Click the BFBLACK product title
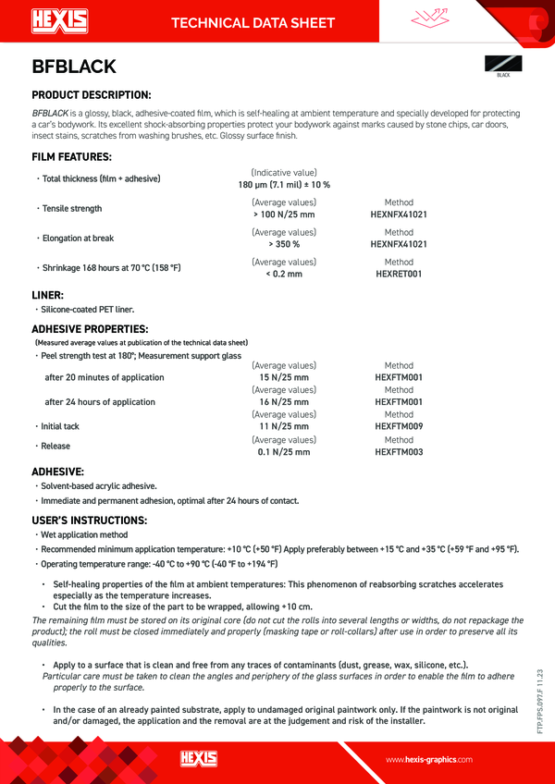coord(73,67)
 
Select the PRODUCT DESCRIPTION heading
coord(92,95)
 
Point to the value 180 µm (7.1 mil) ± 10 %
coord(284,185)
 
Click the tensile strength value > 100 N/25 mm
coord(284,214)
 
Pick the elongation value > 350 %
coord(284,245)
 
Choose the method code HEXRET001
coord(399,275)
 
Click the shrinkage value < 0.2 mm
coord(284,275)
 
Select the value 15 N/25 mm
coord(284,377)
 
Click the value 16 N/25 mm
coord(284,402)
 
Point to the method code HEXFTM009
coord(399,427)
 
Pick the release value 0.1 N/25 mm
coord(284,452)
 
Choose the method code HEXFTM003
coord(399,452)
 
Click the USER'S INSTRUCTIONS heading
coord(89,520)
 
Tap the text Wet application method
coord(84,535)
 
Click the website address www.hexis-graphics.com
coord(429,759)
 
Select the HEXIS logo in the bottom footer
coord(198,758)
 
